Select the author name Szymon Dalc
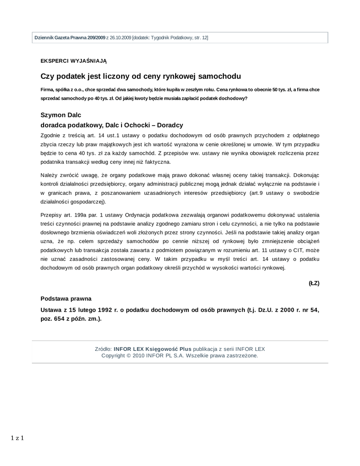(x=61, y=116)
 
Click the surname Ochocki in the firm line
(x=142, y=125)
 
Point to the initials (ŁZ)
(x=314, y=283)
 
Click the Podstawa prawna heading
(x=66, y=299)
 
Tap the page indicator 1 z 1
(x=17, y=438)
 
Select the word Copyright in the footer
(x=116, y=355)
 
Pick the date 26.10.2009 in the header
(x=120, y=37)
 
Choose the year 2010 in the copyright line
(x=140, y=355)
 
